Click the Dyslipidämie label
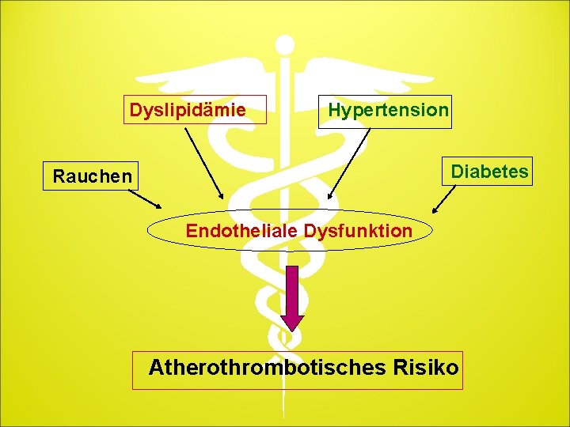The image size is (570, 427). pyautogui.click(x=188, y=110)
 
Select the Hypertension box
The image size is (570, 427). pyautogui.click(x=388, y=110)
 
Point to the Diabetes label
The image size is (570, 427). pyautogui.click(x=489, y=170)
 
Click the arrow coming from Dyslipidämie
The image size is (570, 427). pyautogui.click(x=204, y=162)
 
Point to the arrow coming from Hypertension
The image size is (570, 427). pyautogui.click(x=349, y=162)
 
